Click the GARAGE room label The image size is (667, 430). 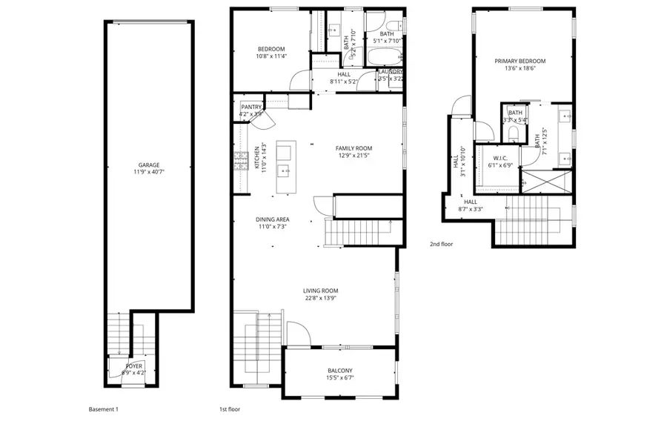click(148, 165)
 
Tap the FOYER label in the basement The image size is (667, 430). click(133, 365)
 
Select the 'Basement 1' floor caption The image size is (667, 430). click(103, 409)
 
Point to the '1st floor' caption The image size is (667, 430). click(229, 409)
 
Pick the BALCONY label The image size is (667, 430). click(340, 371)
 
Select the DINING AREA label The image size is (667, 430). click(272, 219)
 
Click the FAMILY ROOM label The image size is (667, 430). click(354, 148)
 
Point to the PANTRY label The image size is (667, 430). click(251, 107)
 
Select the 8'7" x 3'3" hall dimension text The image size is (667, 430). click(471, 208)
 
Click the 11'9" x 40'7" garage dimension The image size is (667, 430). click(148, 172)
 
